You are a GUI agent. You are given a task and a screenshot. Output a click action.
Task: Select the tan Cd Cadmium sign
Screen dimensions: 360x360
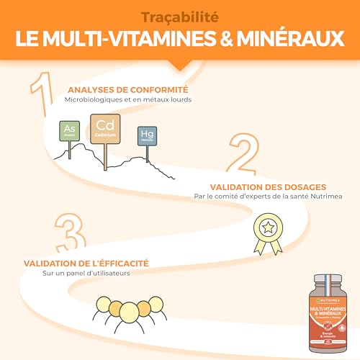(102, 127)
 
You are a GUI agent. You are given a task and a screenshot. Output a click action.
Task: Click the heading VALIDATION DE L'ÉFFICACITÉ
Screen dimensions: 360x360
(86, 264)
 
